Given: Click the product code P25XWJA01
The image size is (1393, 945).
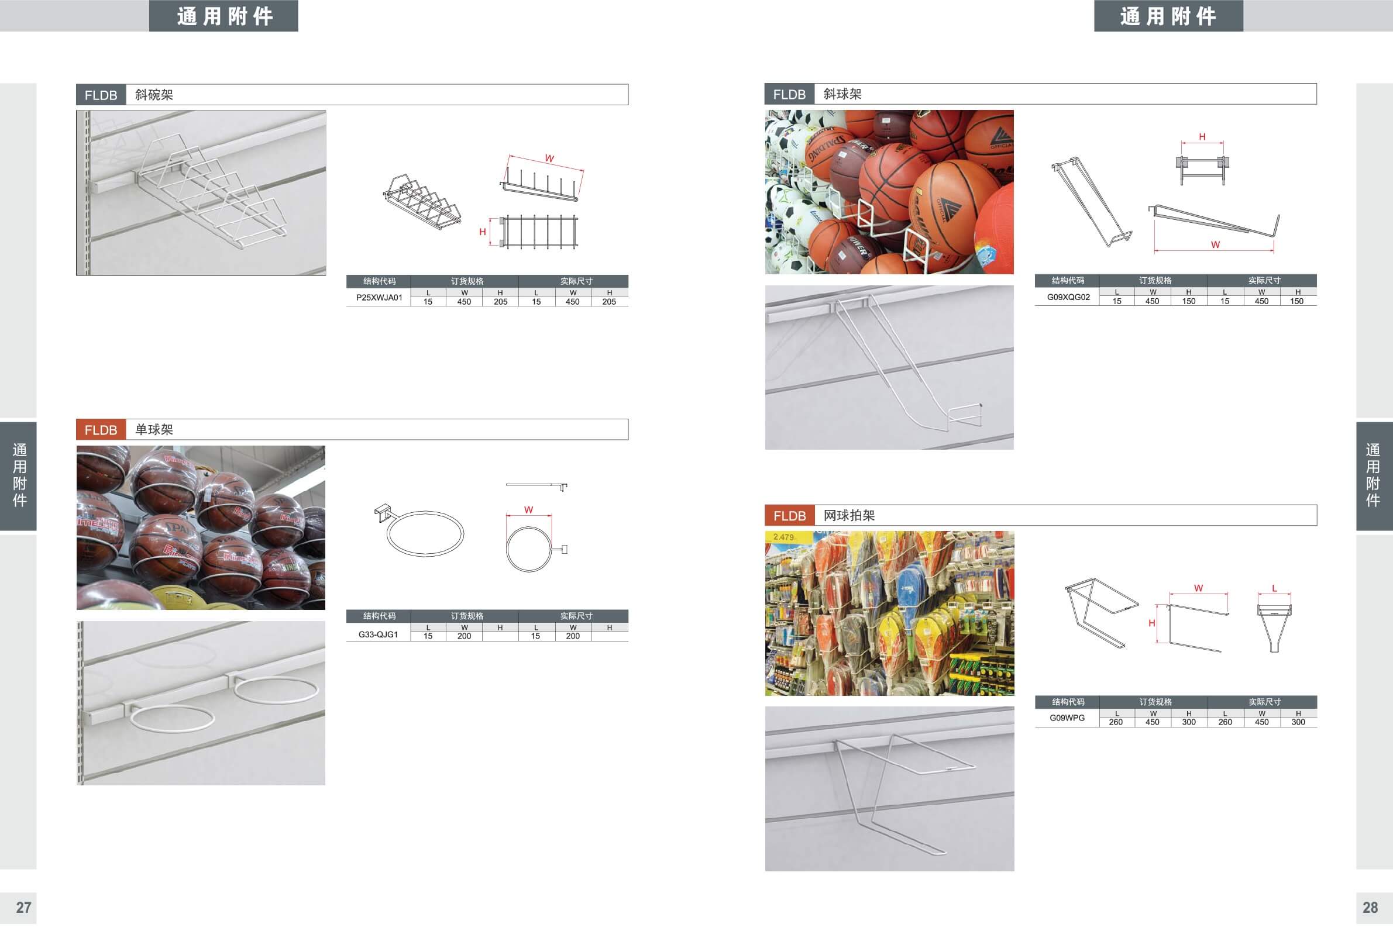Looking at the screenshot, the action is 379,297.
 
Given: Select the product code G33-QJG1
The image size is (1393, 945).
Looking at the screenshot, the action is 378,634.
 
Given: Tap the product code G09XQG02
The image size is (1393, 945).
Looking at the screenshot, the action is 1068,296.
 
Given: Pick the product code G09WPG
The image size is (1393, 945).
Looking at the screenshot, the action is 1067,718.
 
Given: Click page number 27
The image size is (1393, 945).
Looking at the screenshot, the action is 23,907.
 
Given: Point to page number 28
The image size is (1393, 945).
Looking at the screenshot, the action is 1370,907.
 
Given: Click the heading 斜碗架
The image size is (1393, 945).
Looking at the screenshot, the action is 154,95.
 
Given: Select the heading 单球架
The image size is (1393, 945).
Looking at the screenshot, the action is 154,430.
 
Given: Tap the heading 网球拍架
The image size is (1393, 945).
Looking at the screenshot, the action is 849,515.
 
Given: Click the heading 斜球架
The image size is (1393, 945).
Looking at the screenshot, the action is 842,94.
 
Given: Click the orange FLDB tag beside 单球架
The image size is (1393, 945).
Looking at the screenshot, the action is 101,430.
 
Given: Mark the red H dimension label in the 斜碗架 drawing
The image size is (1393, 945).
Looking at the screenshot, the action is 483,232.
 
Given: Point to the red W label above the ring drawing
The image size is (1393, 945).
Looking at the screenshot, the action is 528,510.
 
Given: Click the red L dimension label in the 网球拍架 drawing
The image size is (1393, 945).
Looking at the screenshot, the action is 1274,588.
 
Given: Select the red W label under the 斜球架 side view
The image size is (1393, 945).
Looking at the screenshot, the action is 1215,244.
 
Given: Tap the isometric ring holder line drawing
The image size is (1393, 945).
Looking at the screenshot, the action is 419,530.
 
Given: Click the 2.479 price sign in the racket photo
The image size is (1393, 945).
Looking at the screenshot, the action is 783,537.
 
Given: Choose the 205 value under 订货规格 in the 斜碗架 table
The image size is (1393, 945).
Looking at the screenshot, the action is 500,302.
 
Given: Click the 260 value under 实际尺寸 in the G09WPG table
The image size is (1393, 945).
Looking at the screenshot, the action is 1225,722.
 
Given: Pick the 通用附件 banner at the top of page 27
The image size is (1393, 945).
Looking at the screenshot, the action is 224,16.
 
